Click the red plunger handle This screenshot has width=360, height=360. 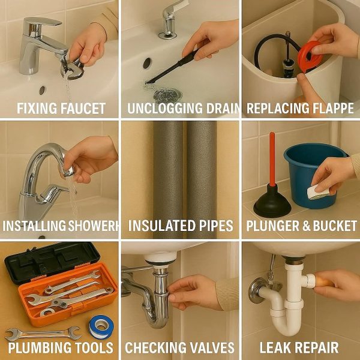tap(272, 162)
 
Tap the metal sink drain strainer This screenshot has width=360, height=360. tap(166, 95)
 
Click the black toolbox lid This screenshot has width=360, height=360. tap(42, 259)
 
